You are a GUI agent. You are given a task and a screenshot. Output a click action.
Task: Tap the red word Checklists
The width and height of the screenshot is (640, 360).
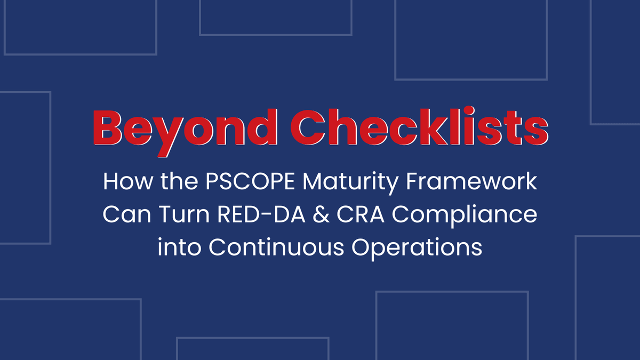419,126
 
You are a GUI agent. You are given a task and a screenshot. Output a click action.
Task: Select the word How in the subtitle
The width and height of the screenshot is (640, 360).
127,181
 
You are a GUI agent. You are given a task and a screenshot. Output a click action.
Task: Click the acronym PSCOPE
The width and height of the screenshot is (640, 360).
250,181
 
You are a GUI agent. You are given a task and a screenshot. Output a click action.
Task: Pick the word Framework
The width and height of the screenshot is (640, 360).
471,181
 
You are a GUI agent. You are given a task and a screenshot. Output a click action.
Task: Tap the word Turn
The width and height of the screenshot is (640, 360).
185,214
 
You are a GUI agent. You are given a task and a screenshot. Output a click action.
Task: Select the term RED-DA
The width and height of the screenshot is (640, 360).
261,214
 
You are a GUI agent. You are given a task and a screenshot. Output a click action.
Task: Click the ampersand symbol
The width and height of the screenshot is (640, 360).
321,214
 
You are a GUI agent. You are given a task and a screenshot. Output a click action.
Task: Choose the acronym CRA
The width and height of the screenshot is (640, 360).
361,214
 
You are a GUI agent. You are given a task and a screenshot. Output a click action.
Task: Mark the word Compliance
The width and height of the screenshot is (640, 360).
465,216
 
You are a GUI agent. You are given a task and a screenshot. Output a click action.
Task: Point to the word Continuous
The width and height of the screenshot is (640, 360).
276,247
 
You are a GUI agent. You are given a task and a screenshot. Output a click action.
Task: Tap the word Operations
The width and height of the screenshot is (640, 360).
417,249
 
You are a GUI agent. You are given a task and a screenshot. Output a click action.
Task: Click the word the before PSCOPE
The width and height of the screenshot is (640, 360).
179,181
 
